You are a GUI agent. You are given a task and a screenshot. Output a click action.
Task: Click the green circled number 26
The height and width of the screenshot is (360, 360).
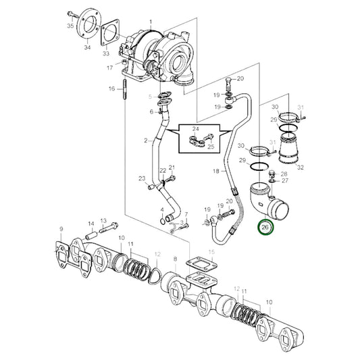(265, 228)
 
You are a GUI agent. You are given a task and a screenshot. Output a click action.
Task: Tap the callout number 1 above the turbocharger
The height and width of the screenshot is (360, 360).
(151, 22)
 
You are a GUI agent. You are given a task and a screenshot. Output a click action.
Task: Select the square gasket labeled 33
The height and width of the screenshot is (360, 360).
(109, 32)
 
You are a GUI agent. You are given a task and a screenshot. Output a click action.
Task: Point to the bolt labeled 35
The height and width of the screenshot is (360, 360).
(72, 14)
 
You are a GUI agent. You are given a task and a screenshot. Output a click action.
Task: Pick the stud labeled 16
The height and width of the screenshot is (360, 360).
(124, 89)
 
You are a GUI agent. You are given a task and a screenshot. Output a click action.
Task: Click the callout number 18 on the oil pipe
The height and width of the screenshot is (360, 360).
(216, 171)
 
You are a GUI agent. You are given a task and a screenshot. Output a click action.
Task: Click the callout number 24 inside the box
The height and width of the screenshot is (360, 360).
(196, 129)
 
